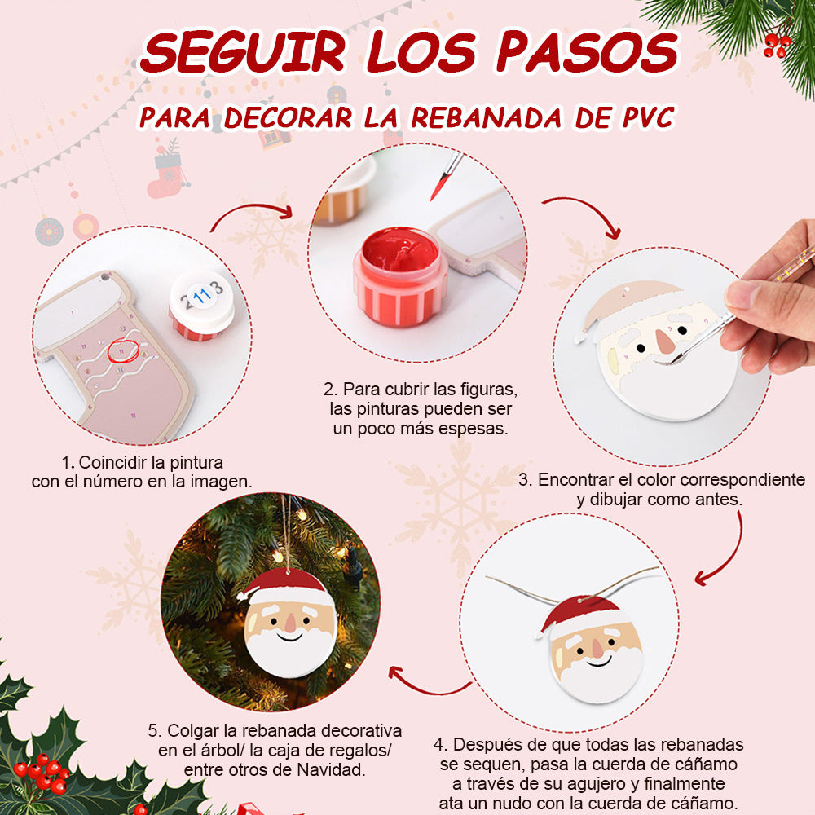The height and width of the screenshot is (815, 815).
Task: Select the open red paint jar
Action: pos(399,277)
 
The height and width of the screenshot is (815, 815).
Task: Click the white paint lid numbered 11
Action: pos(201,302)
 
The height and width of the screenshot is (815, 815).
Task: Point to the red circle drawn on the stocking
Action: pos(123,350)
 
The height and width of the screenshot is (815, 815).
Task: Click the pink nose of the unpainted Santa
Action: pos(665,341)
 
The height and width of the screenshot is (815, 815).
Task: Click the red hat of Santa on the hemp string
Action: pos(582,615)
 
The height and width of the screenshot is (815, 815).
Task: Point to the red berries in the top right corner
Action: pos(777,45)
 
